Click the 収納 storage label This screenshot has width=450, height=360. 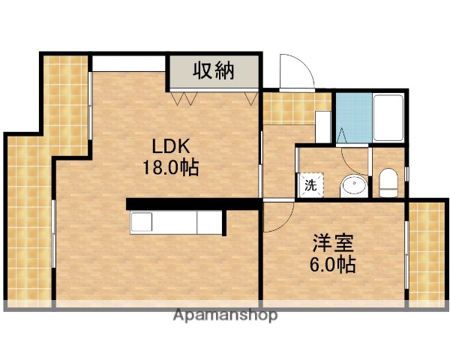point(214,71)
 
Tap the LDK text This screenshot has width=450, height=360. point(171,145)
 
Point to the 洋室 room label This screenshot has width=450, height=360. point(333,244)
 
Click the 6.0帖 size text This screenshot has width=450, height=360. point(333,264)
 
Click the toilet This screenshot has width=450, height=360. point(388,183)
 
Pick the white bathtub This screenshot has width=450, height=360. point(388,118)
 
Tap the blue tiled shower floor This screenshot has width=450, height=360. point(352,118)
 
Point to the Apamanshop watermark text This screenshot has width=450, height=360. point(225,315)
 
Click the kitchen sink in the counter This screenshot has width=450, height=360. point(142,223)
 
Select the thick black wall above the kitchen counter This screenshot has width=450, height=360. point(176,203)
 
